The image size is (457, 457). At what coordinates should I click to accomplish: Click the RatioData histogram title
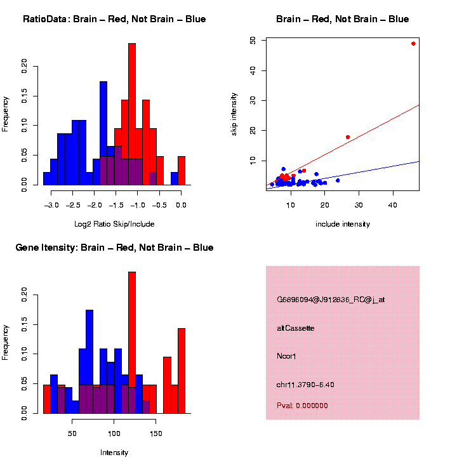coord(114,19)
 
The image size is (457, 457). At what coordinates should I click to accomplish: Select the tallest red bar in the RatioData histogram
coord(132,114)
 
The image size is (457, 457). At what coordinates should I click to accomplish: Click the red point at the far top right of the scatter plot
coord(413,44)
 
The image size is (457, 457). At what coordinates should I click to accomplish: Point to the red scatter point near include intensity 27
coord(348,137)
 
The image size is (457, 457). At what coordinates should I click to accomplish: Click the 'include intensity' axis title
coord(342,224)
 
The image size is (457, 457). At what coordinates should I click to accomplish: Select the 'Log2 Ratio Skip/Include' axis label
coord(114,223)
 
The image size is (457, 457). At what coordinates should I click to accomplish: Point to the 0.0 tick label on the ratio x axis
coord(181,205)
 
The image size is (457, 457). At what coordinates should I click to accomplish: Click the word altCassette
coord(296,328)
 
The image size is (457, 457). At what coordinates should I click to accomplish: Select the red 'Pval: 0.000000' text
coord(302,406)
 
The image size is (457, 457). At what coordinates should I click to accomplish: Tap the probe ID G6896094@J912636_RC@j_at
coord(331,300)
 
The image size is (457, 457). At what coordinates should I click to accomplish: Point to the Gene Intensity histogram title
coord(114,248)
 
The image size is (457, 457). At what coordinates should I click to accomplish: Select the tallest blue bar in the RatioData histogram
coord(103,133)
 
